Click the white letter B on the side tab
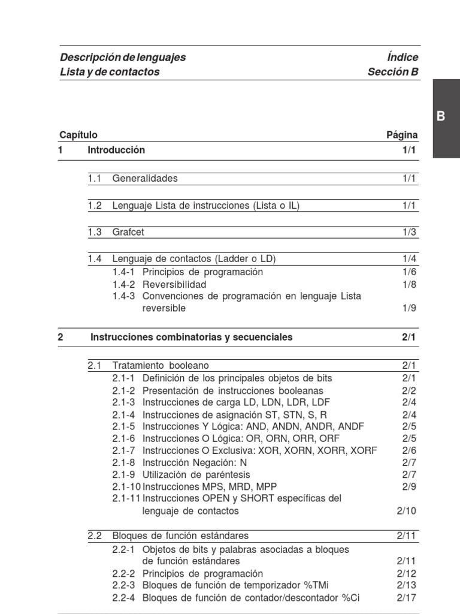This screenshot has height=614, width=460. pos(441,117)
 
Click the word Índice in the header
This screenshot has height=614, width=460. pos(402,58)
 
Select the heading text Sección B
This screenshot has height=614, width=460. pos(393,72)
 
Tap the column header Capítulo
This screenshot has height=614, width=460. pos(78,135)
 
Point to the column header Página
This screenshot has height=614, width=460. pos(402,135)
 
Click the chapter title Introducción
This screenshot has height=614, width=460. pos(116,150)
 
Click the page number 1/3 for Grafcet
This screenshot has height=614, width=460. pos(410,232)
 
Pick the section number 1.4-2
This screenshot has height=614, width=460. pos(124,284)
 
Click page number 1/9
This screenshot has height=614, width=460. pos(410,308)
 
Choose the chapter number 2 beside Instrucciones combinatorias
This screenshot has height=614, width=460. pos(60,337)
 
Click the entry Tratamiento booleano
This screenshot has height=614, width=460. pos(161,365)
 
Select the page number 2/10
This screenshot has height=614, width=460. pos(407,511)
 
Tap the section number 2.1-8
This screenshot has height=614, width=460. pos(124,462)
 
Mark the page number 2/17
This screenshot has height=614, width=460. pos(407,597)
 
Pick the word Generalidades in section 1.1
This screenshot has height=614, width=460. pos(145,178)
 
